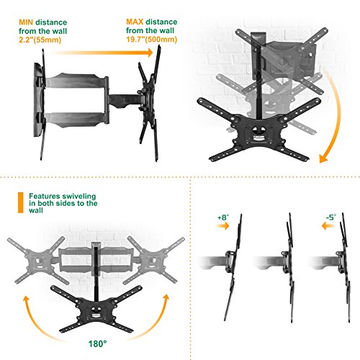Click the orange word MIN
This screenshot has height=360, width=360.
tap(26, 22)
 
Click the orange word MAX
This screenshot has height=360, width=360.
tap(135, 22)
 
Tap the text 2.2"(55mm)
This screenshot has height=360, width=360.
tap(40, 40)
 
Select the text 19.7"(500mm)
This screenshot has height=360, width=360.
tap(152, 39)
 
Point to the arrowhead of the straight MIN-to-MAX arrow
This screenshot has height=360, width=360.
tap(150, 53)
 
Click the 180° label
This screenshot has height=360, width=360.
tap(97, 343)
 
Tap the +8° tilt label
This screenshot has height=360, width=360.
tap(223, 217)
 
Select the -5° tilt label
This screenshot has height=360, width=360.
tap(331, 217)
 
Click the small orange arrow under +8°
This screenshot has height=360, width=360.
tap(222, 225)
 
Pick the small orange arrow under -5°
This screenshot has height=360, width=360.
tap(328, 226)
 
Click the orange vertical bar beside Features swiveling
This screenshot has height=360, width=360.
tap(21, 202)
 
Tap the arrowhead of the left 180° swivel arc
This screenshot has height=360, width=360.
tap(25, 300)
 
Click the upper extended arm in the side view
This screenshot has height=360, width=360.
tap(76, 81)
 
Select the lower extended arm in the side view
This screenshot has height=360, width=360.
tap(76, 120)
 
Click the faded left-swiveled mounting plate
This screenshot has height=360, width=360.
tap(37, 260)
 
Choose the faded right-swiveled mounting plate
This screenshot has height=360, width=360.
tap(153, 260)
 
